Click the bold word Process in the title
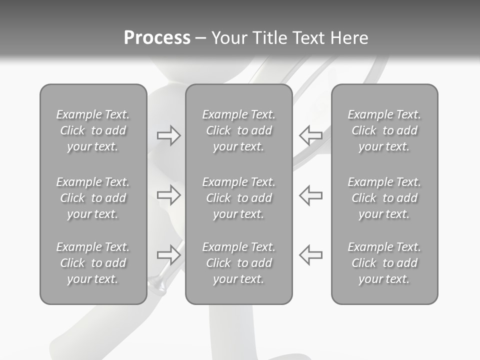[157, 38]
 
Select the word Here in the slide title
[349, 38]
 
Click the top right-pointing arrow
[168, 135]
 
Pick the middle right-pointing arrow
[168, 194]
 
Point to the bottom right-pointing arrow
[168, 254]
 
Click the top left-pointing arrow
[310, 135]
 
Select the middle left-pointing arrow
[310, 194]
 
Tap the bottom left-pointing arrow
[310, 254]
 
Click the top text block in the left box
[93, 130]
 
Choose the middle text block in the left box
[93, 198]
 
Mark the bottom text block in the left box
[93, 263]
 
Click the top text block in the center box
[238, 130]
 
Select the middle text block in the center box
[238, 198]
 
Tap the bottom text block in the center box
[238, 263]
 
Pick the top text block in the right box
[384, 130]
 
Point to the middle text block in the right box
[384, 198]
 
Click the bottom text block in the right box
[384, 263]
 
